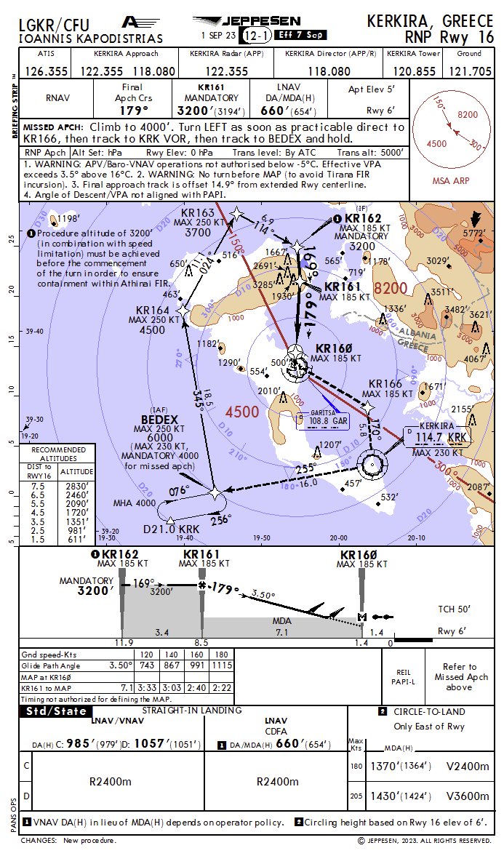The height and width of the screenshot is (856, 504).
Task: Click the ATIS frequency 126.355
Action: click(47, 71)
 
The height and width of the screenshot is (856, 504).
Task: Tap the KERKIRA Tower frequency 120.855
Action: click(415, 71)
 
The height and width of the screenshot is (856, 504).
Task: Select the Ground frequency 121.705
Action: click(471, 71)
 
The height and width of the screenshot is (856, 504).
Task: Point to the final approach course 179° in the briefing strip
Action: click(134, 111)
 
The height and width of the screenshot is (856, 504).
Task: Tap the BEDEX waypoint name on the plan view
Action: click(159, 420)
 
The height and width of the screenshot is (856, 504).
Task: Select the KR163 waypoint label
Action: click(198, 213)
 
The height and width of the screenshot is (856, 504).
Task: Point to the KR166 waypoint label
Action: click(385, 384)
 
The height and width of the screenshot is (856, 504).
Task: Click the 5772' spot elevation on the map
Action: click(473, 233)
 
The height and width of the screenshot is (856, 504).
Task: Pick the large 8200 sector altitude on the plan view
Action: click(390, 288)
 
